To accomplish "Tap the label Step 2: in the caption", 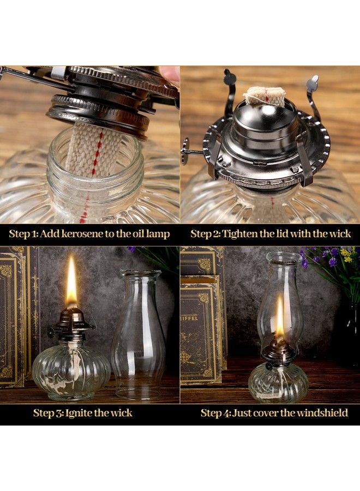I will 206,234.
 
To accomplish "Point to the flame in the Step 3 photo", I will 71,284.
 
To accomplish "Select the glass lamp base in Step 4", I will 278,382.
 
